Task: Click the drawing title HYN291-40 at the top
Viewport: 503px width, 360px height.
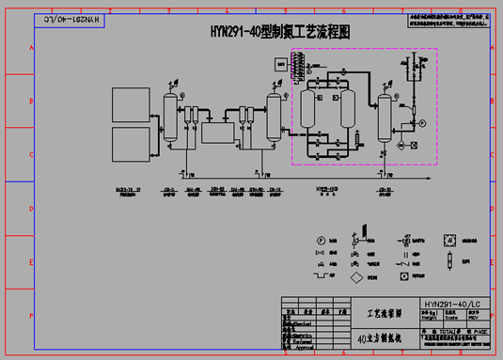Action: pos(279,31)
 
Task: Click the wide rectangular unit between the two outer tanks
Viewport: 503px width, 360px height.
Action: pos(223,133)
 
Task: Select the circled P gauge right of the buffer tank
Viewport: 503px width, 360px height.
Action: pos(422,123)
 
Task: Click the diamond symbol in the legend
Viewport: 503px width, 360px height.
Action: pos(356,279)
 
